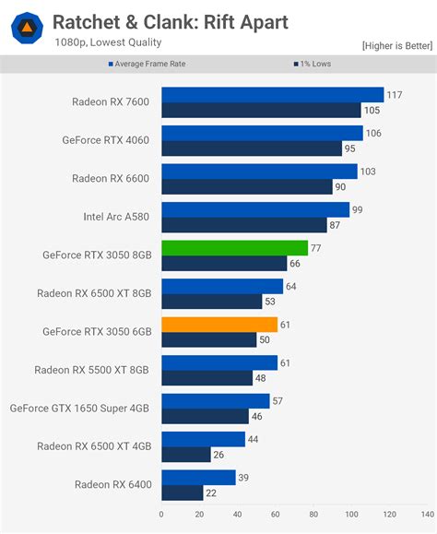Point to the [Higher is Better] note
coord(396,46)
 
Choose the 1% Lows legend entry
coord(314,65)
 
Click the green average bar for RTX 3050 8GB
coord(235,248)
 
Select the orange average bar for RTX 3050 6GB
coord(219,325)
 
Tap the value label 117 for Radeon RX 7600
coord(396,95)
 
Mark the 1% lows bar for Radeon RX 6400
coord(183,492)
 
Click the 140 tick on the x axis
coord(428,515)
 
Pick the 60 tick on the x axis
coord(276,515)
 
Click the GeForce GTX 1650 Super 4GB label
coord(83,408)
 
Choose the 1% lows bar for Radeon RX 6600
coord(247,186)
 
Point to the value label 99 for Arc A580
coord(358,210)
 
